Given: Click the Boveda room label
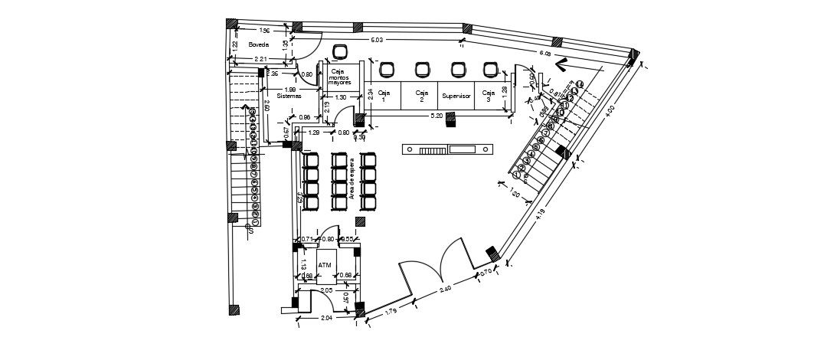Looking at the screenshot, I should pos(259,45).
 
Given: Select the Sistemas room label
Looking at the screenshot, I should pos(289,97).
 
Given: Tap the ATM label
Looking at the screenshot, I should pos(325,265).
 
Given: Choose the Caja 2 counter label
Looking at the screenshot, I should pos(421,95).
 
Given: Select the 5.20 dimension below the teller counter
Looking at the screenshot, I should pos(437,116).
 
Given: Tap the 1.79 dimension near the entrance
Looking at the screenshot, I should pos(390,312).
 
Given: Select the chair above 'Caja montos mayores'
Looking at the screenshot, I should pos(340,53).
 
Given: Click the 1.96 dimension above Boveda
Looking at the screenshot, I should pos(264,31).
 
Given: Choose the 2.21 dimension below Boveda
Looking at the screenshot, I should pos(260,59).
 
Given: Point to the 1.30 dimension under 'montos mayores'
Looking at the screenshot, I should pos(341,97).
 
